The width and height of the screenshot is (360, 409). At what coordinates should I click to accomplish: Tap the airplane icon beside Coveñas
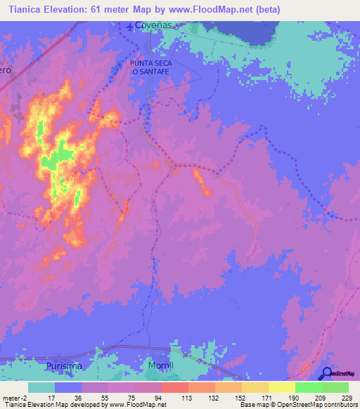pyautogui.click(x=130, y=27)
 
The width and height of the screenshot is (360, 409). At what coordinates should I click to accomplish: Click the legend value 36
pyautogui.click(x=68, y=398)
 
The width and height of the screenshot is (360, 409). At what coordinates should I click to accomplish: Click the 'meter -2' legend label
pyautogui.click(x=13, y=398)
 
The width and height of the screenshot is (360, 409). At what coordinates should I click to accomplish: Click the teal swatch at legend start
pyautogui.click(x=41, y=387)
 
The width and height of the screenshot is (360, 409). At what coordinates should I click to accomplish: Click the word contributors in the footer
pyautogui.click(x=340, y=405)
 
